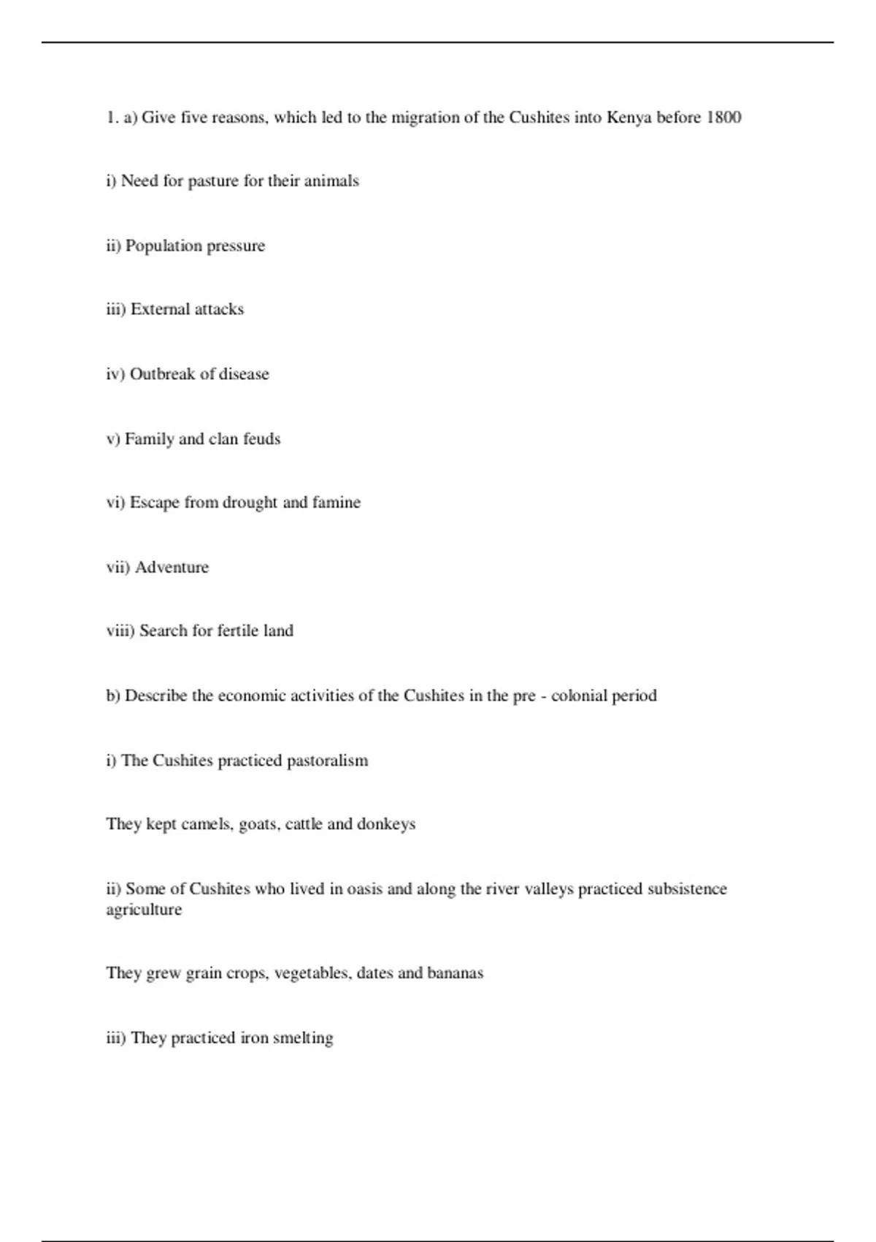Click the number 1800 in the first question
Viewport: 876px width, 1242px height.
click(723, 118)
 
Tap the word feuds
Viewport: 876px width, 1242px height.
click(261, 439)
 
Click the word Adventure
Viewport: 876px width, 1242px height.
click(172, 568)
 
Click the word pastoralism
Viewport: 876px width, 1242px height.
click(327, 761)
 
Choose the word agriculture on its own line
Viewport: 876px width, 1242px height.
click(144, 910)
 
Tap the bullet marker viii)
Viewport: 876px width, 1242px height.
click(120, 630)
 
